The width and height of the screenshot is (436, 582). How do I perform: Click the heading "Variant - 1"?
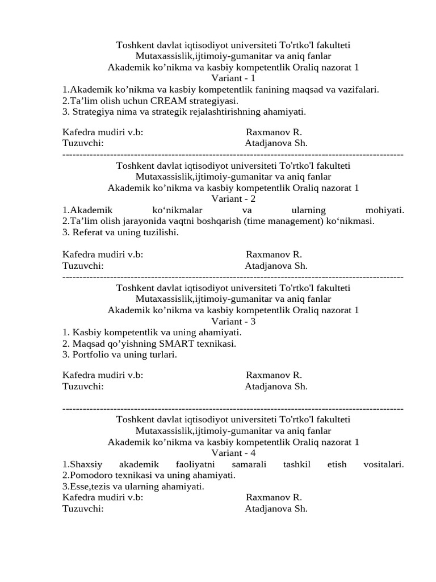[x=233, y=78]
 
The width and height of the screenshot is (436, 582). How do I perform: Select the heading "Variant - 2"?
[x=233, y=199]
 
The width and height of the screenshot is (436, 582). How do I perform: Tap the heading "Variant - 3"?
[x=233, y=321]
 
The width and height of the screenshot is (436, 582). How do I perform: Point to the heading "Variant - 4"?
[x=233, y=453]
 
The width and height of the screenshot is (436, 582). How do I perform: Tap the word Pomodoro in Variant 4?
[x=89, y=475]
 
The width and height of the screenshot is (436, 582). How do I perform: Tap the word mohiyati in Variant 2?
[x=385, y=210]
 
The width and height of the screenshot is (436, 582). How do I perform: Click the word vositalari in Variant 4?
[x=383, y=464]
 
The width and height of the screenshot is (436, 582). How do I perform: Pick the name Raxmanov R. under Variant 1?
[x=274, y=132]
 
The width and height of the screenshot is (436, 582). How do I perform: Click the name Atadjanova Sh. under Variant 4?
[x=276, y=509]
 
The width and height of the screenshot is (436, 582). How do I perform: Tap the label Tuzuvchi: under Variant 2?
[x=83, y=265]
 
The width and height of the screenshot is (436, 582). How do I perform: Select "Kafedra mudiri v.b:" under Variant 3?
[x=103, y=375]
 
